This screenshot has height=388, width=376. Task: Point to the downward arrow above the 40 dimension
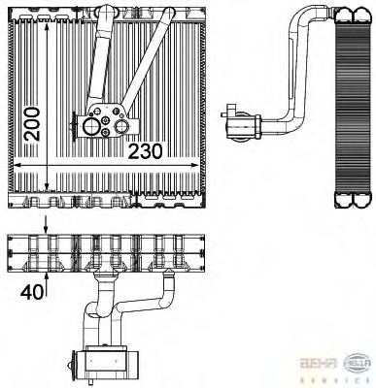point(46,225)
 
